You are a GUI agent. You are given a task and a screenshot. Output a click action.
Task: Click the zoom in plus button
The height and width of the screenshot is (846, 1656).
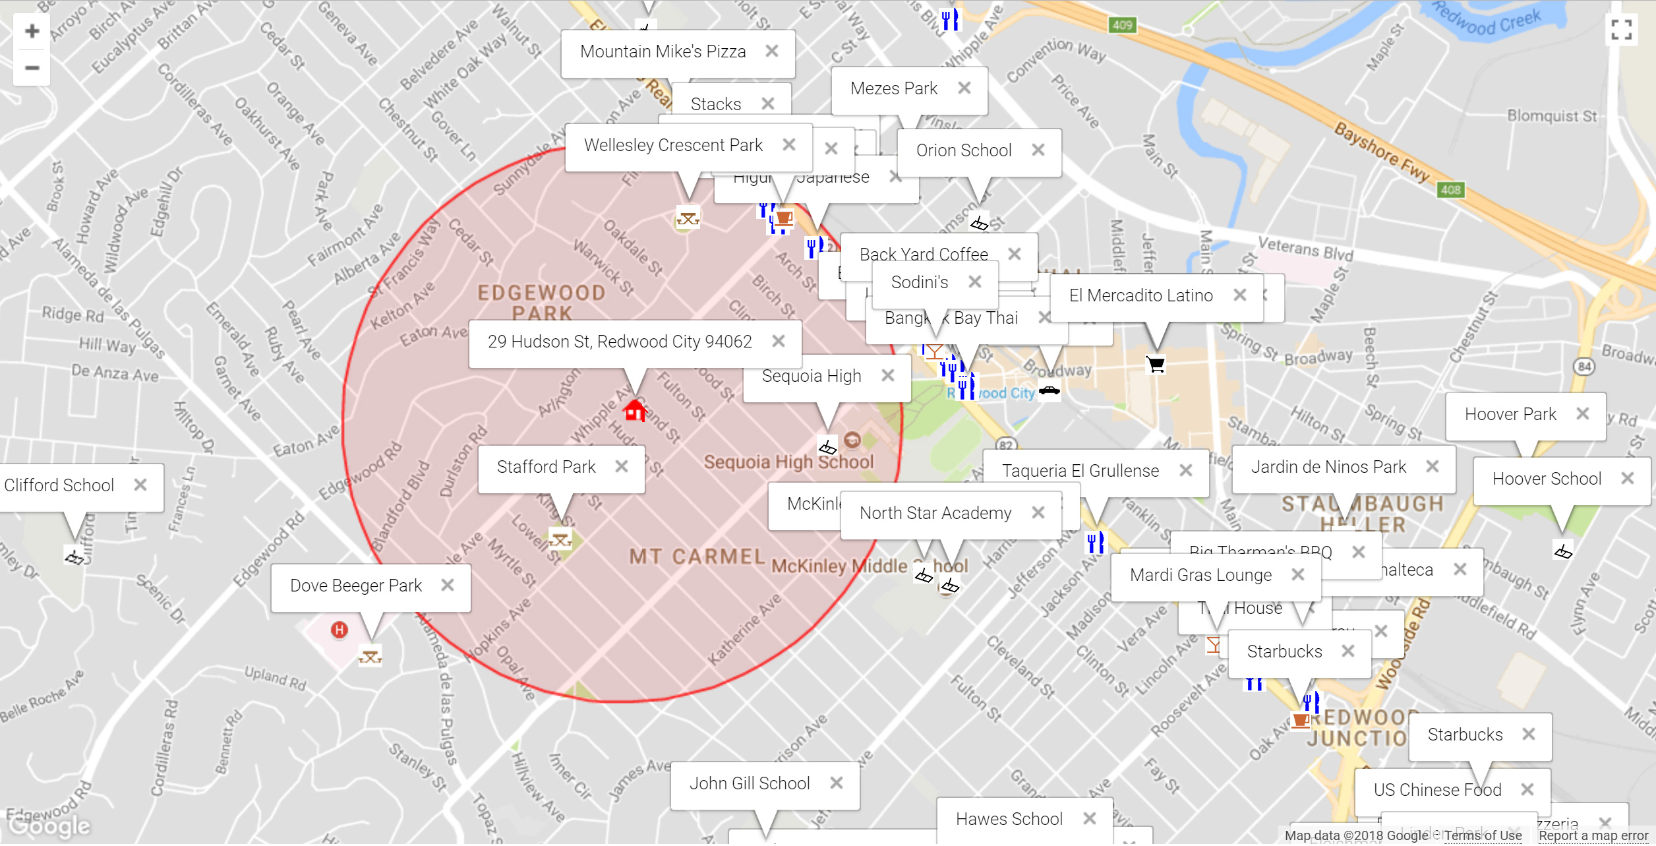pyautogui.click(x=32, y=31)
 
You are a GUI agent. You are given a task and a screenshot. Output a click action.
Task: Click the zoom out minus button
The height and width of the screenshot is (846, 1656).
pyautogui.click(x=32, y=68)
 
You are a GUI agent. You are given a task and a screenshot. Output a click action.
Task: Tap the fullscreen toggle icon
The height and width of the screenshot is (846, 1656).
pyautogui.click(x=1621, y=30)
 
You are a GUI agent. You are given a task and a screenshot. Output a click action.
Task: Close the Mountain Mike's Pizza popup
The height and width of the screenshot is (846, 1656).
pyautogui.click(x=772, y=51)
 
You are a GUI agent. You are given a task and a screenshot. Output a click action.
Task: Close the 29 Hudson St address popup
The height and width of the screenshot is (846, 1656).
pyautogui.click(x=779, y=341)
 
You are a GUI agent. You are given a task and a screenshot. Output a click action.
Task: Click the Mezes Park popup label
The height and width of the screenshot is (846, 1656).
pyautogui.click(x=893, y=88)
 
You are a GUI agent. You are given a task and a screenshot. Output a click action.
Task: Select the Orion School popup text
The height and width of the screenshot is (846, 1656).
pyautogui.click(x=963, y=150)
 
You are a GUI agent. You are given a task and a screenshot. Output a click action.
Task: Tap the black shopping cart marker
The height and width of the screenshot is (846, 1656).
pyautogui.click(x=1156, y=365)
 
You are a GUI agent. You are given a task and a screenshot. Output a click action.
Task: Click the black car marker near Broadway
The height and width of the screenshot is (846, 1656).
pyautogui.click(x=1049, y=390)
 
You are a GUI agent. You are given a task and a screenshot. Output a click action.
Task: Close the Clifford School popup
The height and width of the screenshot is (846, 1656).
pyautogui.click(x=140, y=485)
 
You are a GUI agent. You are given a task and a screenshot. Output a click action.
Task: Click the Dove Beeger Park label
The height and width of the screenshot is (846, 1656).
pyautogui.click(x=355, y=586)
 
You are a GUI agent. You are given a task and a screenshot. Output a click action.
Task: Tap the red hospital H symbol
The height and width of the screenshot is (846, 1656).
pyautogui.click(x=339, y=630)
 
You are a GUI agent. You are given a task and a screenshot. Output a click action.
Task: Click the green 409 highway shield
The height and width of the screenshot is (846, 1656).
pyautogui.click(x=1122, y=25)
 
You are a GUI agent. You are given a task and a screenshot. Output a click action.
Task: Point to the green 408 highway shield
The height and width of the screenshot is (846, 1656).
pyautogui.click(x=1450, y=190)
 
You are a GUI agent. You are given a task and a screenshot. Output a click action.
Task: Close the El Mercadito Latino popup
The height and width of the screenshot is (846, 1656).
pyautogui.click(x=1239, y=295)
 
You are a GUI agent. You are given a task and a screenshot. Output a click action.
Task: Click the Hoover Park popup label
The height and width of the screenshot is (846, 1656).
pyautogui.click(x=1510, y=414)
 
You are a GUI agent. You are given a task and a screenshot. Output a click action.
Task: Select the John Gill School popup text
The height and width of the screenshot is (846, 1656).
pyautogui.click(x=750, y=783)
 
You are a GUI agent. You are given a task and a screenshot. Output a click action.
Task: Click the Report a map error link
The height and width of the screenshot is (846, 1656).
pyautogui.click(x=1593, y=835)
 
